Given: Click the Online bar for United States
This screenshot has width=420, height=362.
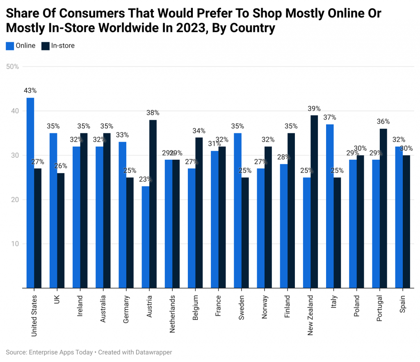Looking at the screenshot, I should coord(30,193).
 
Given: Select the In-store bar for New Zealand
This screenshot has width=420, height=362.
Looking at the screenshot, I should coord(314,202).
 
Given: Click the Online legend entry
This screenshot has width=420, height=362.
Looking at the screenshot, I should coord(21,46).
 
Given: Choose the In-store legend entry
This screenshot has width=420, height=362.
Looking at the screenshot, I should coord(58,46).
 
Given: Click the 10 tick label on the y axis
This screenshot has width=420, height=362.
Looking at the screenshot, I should coord(15,244).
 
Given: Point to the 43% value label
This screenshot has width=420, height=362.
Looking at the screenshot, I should coord(30,90).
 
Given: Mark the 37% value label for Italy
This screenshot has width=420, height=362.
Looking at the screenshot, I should coord(330,117).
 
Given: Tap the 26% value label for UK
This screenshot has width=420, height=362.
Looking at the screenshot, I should coord(61,166).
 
